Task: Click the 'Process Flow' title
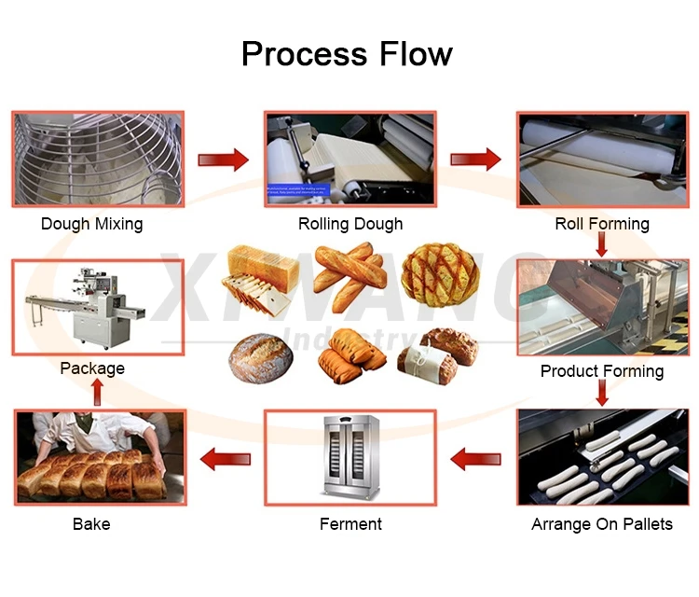point(347,53)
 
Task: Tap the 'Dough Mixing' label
point(92,224)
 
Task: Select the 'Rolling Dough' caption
point(350,224)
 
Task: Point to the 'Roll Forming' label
point(602,224)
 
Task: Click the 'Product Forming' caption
point(602,371)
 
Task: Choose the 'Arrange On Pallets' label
point(602,524)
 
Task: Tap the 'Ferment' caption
point(350,524)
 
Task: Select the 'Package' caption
point(92,368)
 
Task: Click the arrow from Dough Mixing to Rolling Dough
point(224,159)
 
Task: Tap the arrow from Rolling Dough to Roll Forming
point(476,159)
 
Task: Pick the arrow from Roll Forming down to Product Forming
point(602,244)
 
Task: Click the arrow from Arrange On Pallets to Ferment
point(476,459)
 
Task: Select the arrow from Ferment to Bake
point(226,459)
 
